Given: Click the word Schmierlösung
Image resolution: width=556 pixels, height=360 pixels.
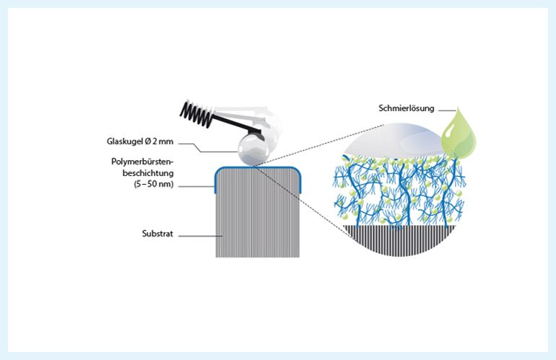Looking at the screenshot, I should click(406, 109).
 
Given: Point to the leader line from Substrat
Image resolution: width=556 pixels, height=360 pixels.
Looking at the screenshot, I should click(196, 234).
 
